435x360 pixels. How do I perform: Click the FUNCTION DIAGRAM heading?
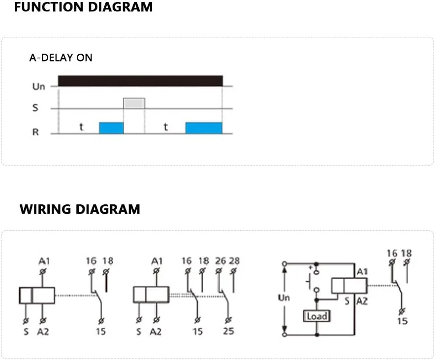83,7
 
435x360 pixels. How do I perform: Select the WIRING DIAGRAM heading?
80,209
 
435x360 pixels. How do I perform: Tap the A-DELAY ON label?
61,58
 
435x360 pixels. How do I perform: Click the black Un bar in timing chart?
140,81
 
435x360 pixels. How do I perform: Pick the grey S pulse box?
134,103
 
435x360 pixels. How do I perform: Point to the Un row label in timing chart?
38,87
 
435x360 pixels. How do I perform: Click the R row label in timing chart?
35,132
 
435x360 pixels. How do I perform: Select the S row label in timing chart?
35,108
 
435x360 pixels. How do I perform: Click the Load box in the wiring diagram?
316,316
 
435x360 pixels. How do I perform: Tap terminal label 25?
228,331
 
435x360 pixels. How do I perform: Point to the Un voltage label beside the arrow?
284,298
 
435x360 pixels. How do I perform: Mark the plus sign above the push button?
311,267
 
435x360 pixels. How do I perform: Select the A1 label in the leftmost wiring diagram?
44,261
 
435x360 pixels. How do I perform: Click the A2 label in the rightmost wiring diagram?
362,301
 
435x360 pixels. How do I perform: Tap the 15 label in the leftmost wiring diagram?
100,331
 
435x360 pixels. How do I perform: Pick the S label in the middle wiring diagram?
139,331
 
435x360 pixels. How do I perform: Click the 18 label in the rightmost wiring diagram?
406,253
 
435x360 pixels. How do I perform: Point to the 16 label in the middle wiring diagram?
186,261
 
